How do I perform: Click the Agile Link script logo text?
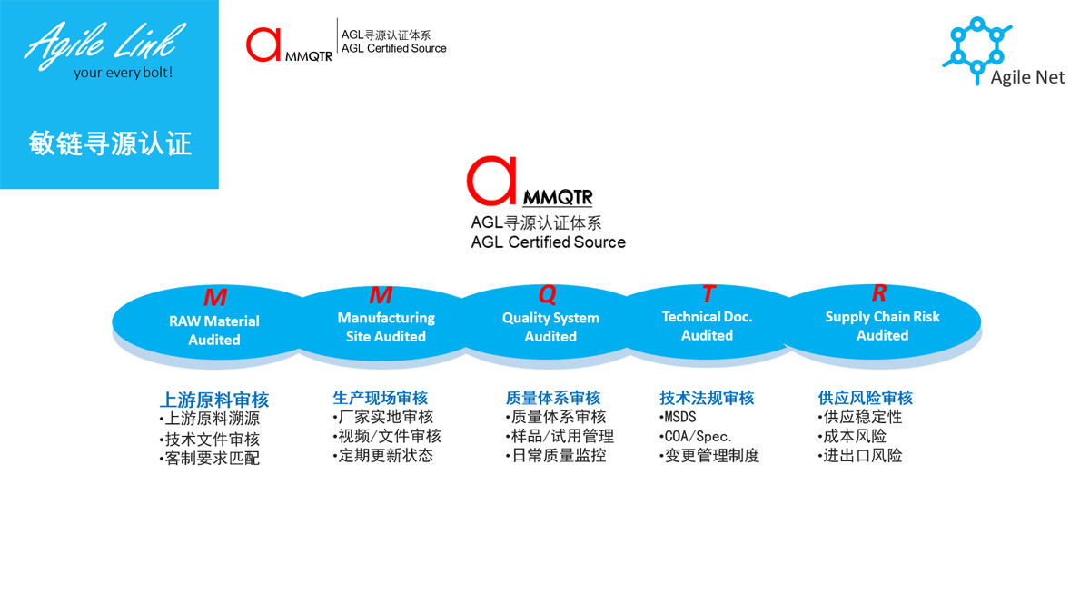104,44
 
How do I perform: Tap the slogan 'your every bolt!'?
124,73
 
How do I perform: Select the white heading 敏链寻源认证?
110,143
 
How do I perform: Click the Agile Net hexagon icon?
977,50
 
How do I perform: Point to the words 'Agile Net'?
1027,77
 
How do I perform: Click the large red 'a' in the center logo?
491,181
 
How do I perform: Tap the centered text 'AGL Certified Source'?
548,242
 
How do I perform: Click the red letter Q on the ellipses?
548,294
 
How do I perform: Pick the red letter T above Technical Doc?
708,294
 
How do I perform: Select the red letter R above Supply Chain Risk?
879,292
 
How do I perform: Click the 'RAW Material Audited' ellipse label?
214,331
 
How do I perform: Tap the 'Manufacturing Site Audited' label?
386,327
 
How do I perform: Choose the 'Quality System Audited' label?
550,327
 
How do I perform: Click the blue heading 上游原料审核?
214,400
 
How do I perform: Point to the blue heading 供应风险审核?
865,398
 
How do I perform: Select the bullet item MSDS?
678,417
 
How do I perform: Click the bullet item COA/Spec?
696,437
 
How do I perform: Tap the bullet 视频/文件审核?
387,436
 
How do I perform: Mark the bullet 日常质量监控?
556,455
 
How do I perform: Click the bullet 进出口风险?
860,455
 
